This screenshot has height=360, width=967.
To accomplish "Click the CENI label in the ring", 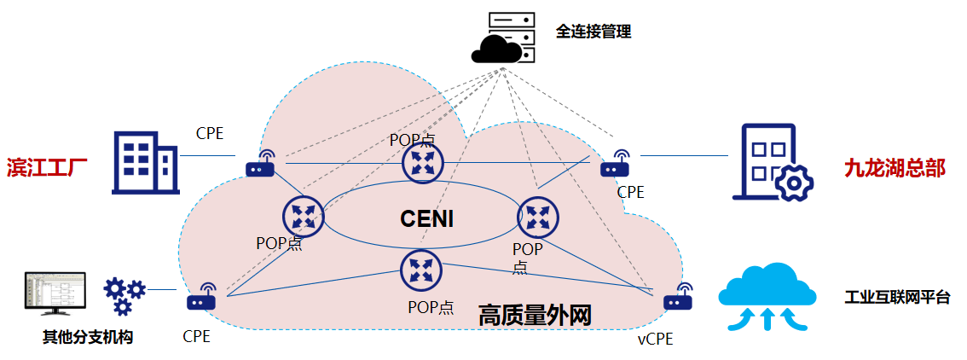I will pos(427,219).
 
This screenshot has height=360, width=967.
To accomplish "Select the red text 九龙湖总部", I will pos(894,167).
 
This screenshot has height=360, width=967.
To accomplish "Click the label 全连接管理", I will pos(594,32).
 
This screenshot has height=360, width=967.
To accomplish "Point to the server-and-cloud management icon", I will pos(504,39).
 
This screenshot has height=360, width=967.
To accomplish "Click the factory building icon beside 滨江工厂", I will pos(144,163).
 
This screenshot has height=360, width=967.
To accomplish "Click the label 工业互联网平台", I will pos(896,298).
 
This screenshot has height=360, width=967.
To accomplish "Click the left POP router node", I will pos(303,216).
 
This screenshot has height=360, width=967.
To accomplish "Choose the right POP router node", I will pos(538,218).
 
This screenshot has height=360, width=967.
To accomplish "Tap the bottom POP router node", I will pos(420,270).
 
